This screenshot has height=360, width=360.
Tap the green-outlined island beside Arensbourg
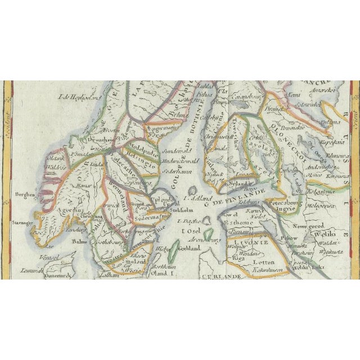(209, 235)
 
